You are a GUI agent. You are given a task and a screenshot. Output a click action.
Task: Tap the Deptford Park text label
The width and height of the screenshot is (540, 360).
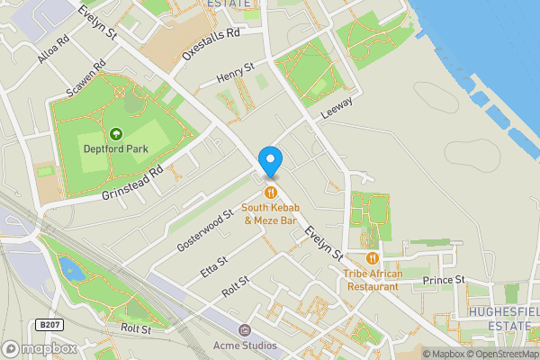pyautogui.click(x=115, y=149)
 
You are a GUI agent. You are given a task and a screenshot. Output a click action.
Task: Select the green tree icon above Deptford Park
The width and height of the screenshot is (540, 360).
pyautogui.click(x=115, y=134)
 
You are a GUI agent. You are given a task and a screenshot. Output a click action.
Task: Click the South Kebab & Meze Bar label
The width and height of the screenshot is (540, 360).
pyautogui.click(x=270, y=215)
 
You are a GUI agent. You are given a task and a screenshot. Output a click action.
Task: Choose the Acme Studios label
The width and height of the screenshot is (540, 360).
pyautogui.click(x=244, y=343)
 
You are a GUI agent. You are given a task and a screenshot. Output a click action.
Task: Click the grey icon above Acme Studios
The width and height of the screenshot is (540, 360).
pyautogui.click(x=244, y=328)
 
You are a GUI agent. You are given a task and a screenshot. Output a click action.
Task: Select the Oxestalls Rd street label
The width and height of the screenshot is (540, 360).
pyautogui.click(x=211, y=42)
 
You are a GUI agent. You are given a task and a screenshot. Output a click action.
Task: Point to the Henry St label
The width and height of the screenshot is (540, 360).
pyautogui.click(x=236, y=74)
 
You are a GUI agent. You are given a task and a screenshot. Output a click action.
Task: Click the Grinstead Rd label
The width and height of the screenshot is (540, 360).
pyautogui.click(x=131, y=182)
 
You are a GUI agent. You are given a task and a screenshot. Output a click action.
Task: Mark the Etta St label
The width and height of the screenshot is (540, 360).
pyautogui.click(x=213, y=265)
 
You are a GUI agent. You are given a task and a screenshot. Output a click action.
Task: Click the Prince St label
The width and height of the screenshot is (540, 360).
pyautogui.click(x=444, y=280)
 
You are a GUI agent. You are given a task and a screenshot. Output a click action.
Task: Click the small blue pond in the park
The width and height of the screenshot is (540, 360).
pyautogui.click(x=67, y=267)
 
